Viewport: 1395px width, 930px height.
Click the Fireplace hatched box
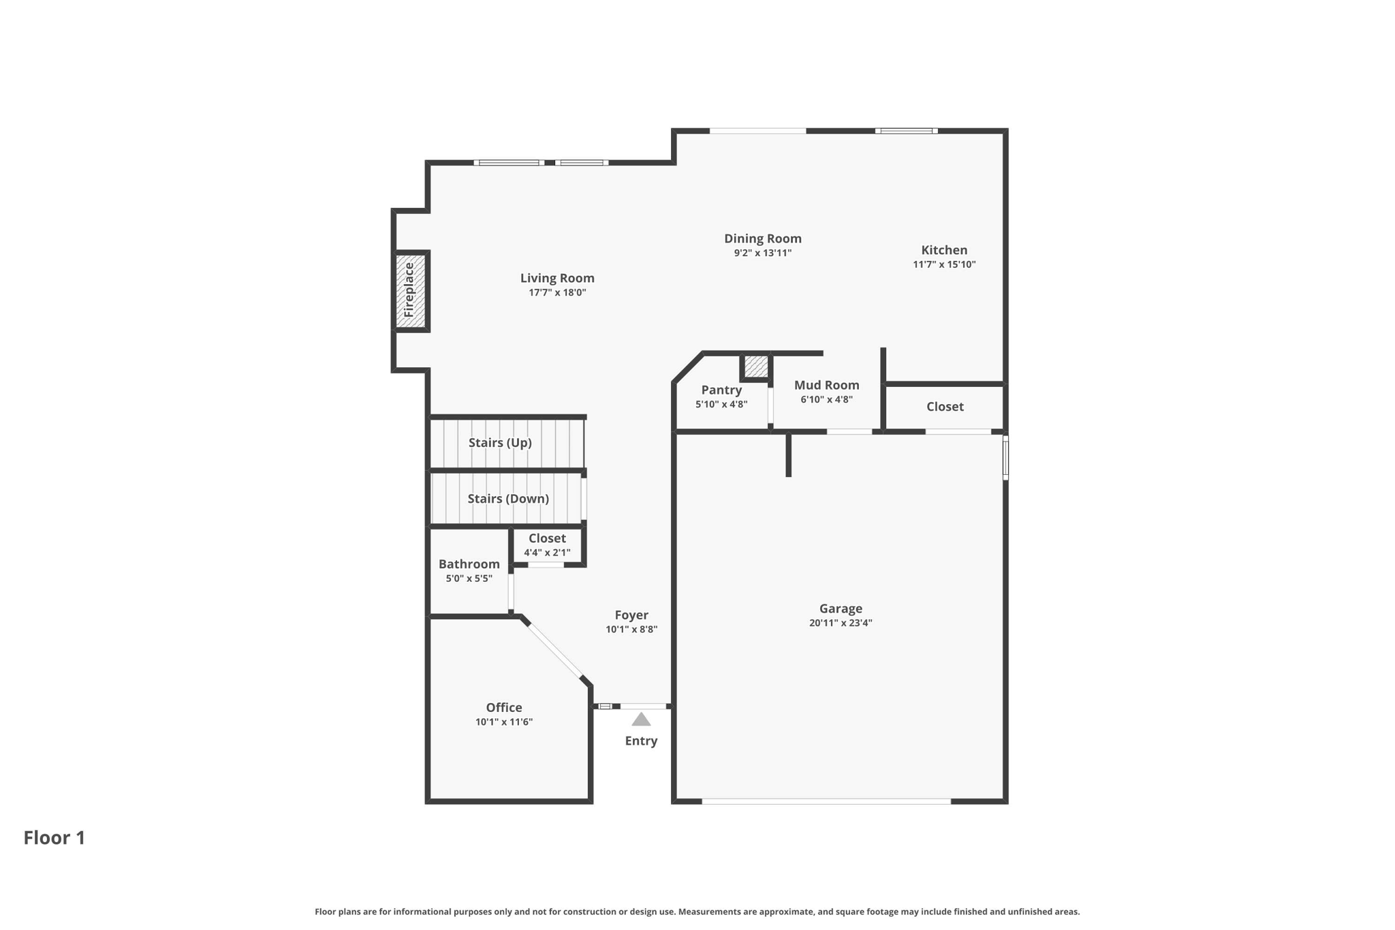pyautogui.click(x=411, y=291)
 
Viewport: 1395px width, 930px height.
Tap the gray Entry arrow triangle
pyautogui.click(x=641, y=719)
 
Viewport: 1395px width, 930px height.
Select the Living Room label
pyautogui.click(x=557, y=278)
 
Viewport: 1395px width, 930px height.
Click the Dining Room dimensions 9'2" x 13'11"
pyautogui.click(x=762, y=253)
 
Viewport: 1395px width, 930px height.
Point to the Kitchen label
pyautogui.click(x=944, y=250)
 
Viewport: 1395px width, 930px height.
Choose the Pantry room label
pyautogui.click(x=721, y=390)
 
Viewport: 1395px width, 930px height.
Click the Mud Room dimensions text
pyautogui.click(x=826, y=400)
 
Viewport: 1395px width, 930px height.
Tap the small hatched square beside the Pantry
pyautogui.click(x=755, y=367)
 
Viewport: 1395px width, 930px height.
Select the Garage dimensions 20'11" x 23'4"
pyautogui.click(x=841, y=623)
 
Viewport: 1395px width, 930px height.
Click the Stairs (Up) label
pyautogui.click(x=500, y=443)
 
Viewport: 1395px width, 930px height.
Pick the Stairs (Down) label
pyautogui.click(x=508, y=499)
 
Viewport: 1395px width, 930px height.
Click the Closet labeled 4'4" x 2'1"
pyautogui.click(x=547, y=544)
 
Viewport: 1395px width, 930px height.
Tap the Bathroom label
pyautogui.click(x=469, y=564)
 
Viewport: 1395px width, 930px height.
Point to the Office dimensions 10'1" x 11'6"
pyautogui.click(x=504, y=722)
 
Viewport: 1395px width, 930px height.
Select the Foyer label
pyautogui.click(x=631, y=615)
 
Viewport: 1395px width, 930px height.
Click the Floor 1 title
pyautogui.click(x=54, y=837)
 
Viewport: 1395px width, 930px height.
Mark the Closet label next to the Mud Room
pyautogui.click(x=945, y=407)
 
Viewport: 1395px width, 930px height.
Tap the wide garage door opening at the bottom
pyautogui.click(x=826, y=801)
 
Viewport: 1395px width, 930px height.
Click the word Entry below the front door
pyautogui.click(x=641, y=741)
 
